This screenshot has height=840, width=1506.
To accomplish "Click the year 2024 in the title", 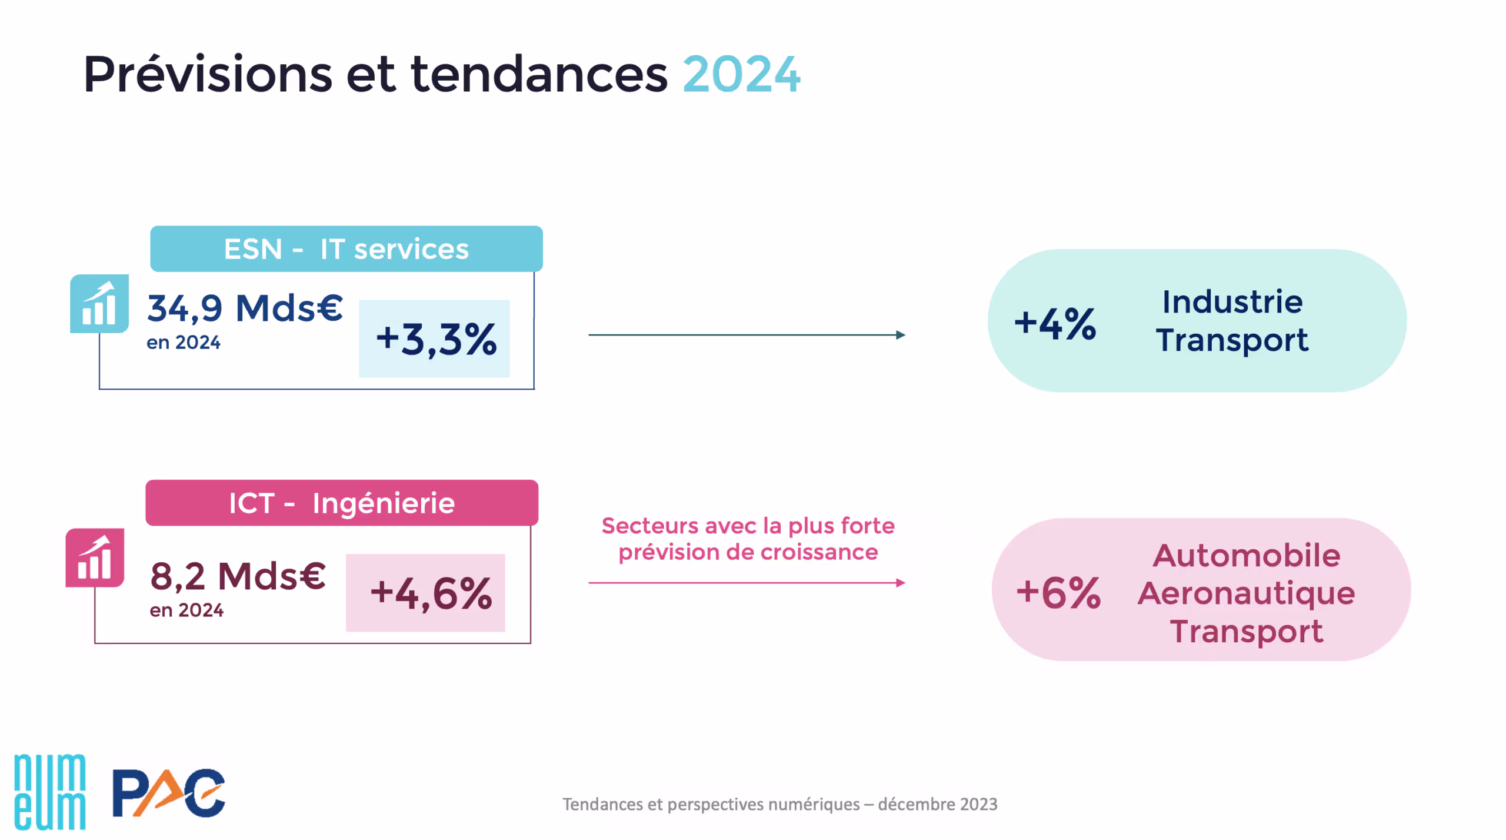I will (x=741, y=75).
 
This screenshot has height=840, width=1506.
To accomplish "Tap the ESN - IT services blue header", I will (x=346, y=249).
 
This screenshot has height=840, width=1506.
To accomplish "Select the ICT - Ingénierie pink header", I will (x=341, y=503).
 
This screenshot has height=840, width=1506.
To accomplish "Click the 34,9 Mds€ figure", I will (x=245, y=308).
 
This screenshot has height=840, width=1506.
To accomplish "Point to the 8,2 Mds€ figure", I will (x=238, y=576).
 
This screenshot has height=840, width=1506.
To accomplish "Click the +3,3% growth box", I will (x=435, y=339).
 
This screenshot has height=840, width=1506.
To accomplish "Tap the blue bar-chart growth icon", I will (x=99, y=304).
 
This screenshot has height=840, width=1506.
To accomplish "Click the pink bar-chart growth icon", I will (x=95, y=558).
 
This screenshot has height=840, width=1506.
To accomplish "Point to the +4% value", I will (x=1055, y=324).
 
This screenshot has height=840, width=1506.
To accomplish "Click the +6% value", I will (x=1058, y=593).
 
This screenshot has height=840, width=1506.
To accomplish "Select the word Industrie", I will (x=1232, y=303).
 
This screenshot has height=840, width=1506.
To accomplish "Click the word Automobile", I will (x=1245, y=556).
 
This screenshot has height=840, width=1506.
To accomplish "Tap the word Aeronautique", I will (x=1245, y=593).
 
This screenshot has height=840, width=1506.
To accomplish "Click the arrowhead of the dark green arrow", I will (x=900, y=335).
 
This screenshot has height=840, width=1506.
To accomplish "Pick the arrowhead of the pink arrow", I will (x=900, y=583).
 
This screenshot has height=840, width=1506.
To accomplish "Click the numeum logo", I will (x=50, y=792).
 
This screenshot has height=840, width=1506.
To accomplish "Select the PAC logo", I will (x=168, y=793).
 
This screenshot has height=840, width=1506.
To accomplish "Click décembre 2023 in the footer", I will (x=937, y=805).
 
